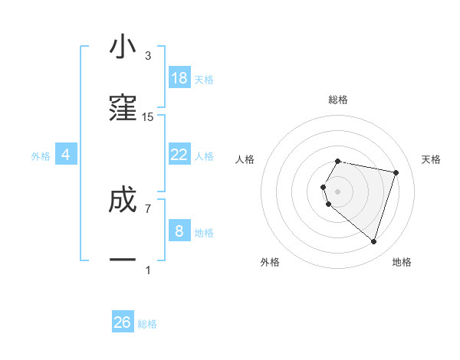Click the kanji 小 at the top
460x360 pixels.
[x=123, y=47]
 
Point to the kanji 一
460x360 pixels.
[x=123, y=260]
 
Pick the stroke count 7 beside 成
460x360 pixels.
[x=148, y=208]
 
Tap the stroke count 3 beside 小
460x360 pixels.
[x=148, y=56]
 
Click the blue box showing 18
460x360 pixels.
[x=179, y=77]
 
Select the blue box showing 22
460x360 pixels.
[x=179, y=154]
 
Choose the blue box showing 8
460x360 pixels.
[x=179, y=231]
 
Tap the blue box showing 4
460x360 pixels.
[x=66, y=154]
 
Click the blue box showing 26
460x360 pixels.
[x=123, y=322]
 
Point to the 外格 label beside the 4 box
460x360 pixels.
[x=41, y=156]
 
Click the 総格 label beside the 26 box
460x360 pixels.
[x=147, y=325]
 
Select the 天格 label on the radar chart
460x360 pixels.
[x=431, y=159]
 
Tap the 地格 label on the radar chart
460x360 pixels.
[x=402, y=262]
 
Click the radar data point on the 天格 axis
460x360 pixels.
[x=396, y=172]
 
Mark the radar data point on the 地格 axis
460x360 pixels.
[x=373, y=242]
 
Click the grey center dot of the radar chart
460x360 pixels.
[x=337, y=191]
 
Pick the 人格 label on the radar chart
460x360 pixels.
[x=245, y=159]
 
